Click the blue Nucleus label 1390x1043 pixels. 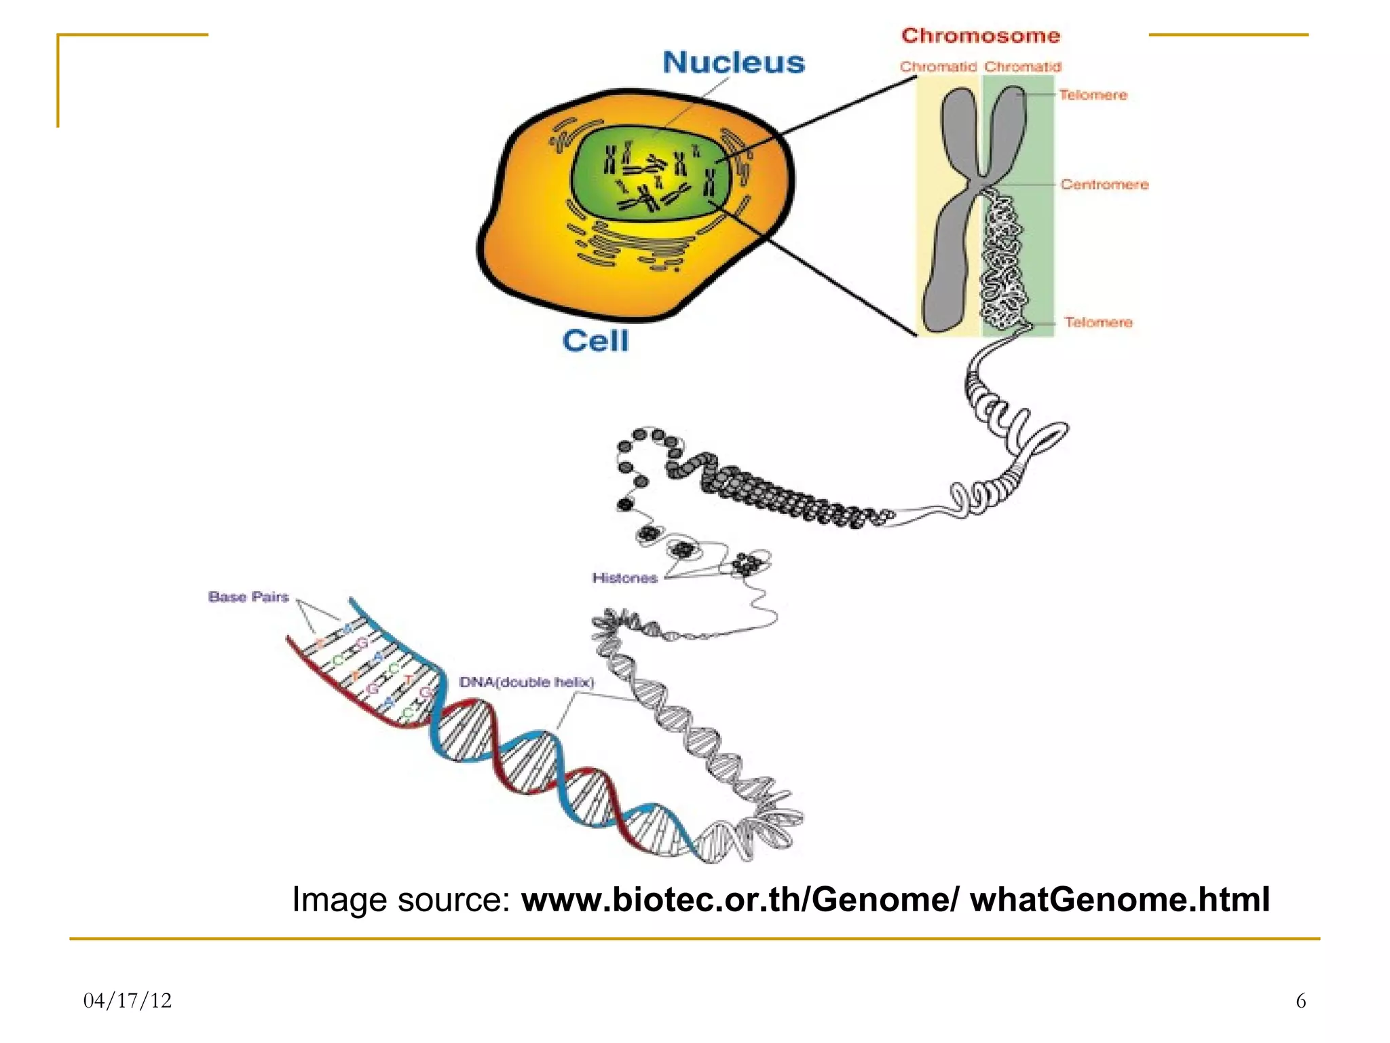click(733, 62)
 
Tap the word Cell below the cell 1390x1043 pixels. click(595, 341)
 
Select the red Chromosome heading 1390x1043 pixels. click(980, 35)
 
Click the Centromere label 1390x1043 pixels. click(1104, 185)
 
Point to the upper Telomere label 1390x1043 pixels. click(1093, 95)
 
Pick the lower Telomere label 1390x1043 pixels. click(1097, 323)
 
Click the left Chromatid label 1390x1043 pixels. click(937, 67)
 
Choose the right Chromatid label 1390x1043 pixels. click(1022, 67)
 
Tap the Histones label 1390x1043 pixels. click(624, 578)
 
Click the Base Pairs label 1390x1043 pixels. click(248, 597)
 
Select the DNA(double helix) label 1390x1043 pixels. click(526, 682)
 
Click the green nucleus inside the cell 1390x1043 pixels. click(652, 173)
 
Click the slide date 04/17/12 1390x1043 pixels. click(128, 1000)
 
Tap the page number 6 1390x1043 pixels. click(1300, 1000)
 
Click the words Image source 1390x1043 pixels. click(400, 900)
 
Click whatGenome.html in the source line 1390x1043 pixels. click(1120, 900)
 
